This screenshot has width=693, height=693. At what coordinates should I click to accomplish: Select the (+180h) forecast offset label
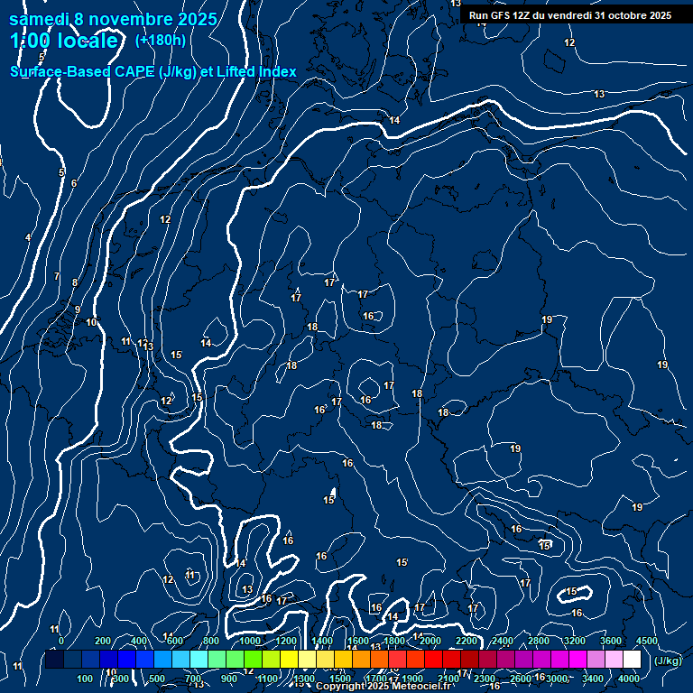(x=161, y=41)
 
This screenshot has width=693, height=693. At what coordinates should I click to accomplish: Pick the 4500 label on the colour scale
(x=647, y=641)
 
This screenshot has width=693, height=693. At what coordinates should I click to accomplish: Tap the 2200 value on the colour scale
(x=467, y=641)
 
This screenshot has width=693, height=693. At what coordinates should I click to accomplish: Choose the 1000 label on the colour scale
(x=250, y=641)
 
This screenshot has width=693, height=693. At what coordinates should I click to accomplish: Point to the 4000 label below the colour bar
(x=629, y=679)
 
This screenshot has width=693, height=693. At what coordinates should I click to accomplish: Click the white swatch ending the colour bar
(x=632, y=660)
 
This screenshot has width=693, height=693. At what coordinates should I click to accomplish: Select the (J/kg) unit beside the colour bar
(x=668, y=661)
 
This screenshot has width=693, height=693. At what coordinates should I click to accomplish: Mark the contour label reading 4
(x=28, y=237)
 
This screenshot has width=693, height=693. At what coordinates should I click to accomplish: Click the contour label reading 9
(x=78, y=310)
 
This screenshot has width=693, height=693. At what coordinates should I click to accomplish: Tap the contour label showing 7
(x=56, y=277)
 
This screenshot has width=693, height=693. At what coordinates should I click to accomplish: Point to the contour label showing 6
(x=74, y=183)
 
